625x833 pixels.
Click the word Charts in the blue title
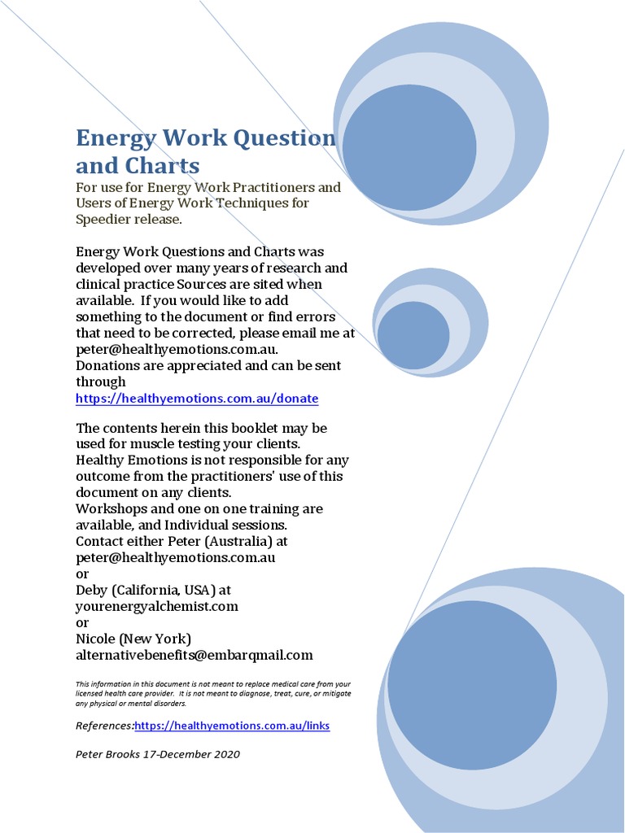coord(163,166)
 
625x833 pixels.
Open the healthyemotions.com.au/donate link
coord(197,399)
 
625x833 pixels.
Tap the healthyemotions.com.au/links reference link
coord(232,726)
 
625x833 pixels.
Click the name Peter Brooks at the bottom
coord(107,754)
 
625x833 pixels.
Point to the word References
coord(104,726)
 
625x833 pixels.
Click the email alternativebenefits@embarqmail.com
coord(194,655)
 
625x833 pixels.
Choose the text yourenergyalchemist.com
coord(157,606)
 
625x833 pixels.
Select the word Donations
coord(107,366)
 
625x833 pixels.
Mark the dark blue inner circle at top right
coord(409,146)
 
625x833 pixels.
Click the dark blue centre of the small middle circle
coord(413,335)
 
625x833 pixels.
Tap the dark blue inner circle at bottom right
coord(472,685)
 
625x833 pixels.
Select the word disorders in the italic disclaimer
coord(169,704)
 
